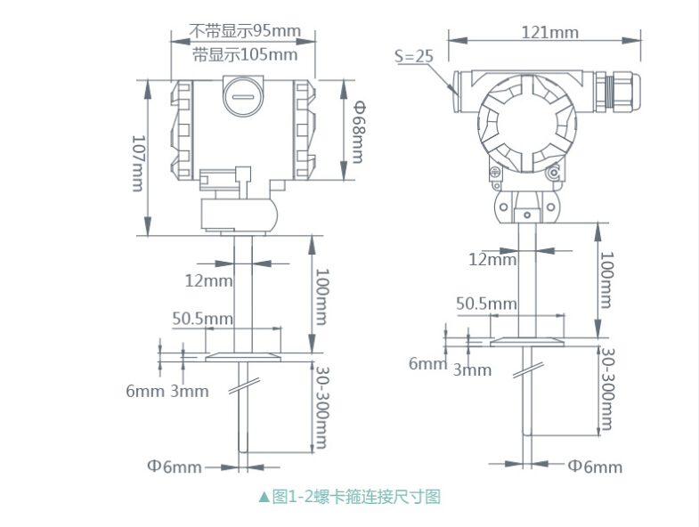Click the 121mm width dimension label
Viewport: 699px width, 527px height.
pos(549,33)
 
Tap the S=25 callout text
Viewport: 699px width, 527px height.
pos(413,55)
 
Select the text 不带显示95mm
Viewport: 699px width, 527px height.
pos(245,31)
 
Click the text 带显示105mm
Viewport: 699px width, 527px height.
pos(245,54)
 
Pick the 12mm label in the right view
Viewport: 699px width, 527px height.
pos(492,260)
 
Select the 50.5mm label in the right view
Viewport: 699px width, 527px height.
pos(486,304)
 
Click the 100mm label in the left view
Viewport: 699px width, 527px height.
pos(321,296)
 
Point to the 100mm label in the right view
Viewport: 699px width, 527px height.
pos(606,280)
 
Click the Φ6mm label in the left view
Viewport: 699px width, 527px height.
pos(174,466)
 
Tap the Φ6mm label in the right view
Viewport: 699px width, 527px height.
pos(595,466)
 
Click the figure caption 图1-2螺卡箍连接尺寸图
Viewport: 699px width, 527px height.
pos(349,497)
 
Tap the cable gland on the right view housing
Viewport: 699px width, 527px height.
pos(620,86)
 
